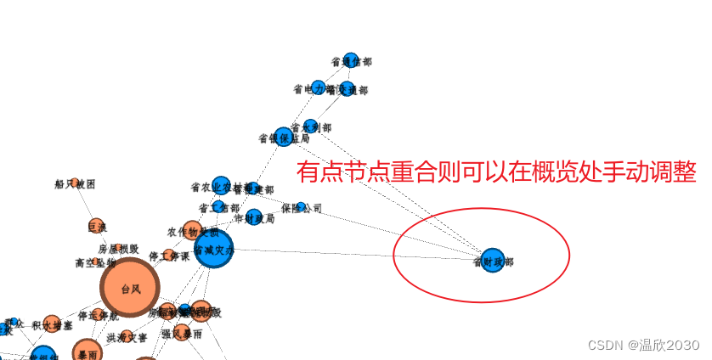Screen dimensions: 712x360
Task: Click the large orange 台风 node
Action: coord(129,290)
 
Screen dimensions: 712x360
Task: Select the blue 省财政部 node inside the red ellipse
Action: coord(492,261)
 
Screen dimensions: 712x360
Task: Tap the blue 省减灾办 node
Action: coord(213,250)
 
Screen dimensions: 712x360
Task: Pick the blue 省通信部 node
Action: coord(348,61)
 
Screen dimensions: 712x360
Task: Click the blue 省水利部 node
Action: coord(311,127)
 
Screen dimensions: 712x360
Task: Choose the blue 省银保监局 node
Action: coord(283,137)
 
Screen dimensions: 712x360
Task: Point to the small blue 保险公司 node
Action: coord(301,207)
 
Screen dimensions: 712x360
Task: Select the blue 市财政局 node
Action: coord(253,217)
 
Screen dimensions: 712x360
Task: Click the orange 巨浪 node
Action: coord(96,226)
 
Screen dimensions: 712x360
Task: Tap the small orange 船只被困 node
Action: coord(75,183)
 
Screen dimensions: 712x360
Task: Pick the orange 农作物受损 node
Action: coord(192,230)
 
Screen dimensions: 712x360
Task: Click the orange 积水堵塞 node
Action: coord(52,323)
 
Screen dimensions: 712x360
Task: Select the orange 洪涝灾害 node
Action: coord(127,336)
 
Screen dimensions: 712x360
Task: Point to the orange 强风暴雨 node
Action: coord(181,333)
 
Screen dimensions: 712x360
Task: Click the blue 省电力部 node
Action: coord(318,87)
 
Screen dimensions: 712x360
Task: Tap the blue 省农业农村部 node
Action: coord(221,186)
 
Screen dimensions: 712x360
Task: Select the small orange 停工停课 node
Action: coord(169,256)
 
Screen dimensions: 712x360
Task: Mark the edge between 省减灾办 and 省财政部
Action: coord(357,254)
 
